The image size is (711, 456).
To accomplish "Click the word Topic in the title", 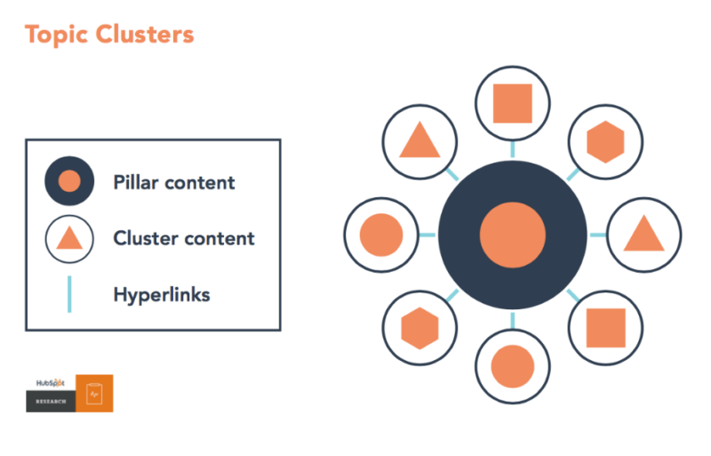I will click(x=55, y=36).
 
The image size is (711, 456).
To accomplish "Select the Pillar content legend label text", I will click(x=174, y=182).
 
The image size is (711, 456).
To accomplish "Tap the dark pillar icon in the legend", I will click(x=69, y=181).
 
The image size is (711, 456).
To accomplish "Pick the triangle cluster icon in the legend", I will click(x=69, y=238).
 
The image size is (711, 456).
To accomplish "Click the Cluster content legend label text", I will click(x=184, y=238).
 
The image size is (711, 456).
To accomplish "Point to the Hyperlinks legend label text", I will click(x=162, y=294).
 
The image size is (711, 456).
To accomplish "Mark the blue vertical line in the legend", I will click(x=69, y=294).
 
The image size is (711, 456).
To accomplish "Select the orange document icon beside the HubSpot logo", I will click(x=94, y=393).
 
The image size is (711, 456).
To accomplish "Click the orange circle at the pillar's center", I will click(x=512, y=235).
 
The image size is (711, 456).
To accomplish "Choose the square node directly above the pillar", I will click(x=512, y=103).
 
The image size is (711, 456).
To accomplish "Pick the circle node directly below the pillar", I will click(x=512, y=365).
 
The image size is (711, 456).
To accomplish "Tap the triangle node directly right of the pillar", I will click(x=643, y=235).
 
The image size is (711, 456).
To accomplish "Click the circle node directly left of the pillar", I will click(x=381, y=235).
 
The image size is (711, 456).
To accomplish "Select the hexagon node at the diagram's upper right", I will click(x=605, y=141).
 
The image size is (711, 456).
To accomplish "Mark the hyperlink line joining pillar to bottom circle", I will click(x=512, y=319).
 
